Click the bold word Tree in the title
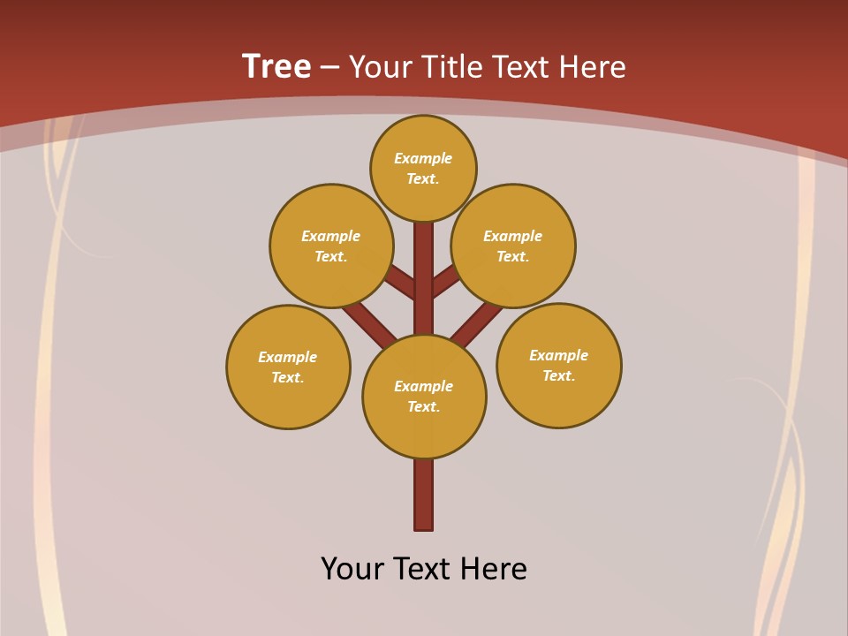[276, 66]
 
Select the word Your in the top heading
[380, 67]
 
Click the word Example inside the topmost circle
[423, 159]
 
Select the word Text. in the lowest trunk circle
[423, 407]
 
